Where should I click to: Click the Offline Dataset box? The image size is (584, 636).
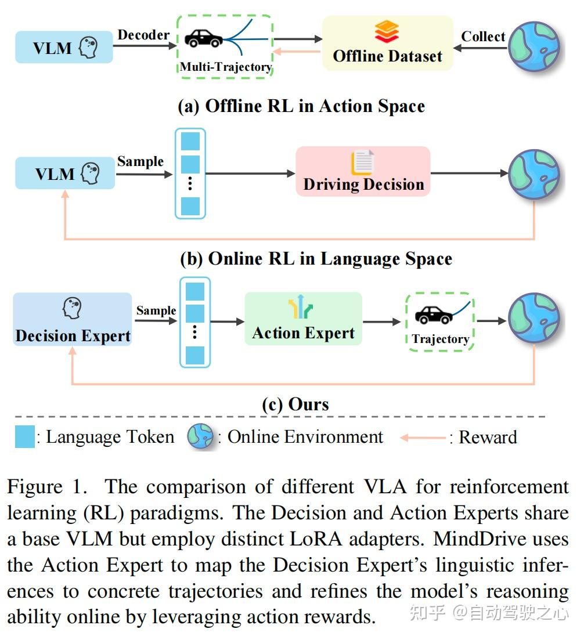pyautogui.click(x=387, y=44)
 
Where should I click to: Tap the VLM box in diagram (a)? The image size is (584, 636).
pyautogui.click(x=64, y=47)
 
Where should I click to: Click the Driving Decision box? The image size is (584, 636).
pyautogui.click(x=363, y=171)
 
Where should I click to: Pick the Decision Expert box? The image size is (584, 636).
pyautogui.click(x=73, y=320)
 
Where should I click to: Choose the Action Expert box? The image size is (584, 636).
pyautogui.click(x=303, y=319)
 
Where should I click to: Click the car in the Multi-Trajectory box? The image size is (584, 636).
pyautogui.click(x=203, y=39)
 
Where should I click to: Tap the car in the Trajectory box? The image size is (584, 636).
pyautogui.click(x=434, y=315)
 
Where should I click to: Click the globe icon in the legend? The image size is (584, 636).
pyautogui.click(x=200, y=437)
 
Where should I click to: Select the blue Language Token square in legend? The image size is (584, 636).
pyautogui.click(x=25, y=437)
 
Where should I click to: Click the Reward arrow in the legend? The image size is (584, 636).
pyautogui.click(x=423, y=438)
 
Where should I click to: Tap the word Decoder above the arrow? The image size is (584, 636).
pyautogui.click(x=143, y=34)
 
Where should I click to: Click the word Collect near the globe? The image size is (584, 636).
pyautogui.click(x=483, y=36)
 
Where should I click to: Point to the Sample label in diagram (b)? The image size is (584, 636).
pyautogui.click(x=140, y=161)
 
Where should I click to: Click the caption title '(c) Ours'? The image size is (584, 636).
pyautogui.click(x=295, y=404)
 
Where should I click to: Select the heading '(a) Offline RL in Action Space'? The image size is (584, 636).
pyautogui.click(x=301, y=106)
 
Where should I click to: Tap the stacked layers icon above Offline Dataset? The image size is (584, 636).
pyautogui.click(x=387, y=31)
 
